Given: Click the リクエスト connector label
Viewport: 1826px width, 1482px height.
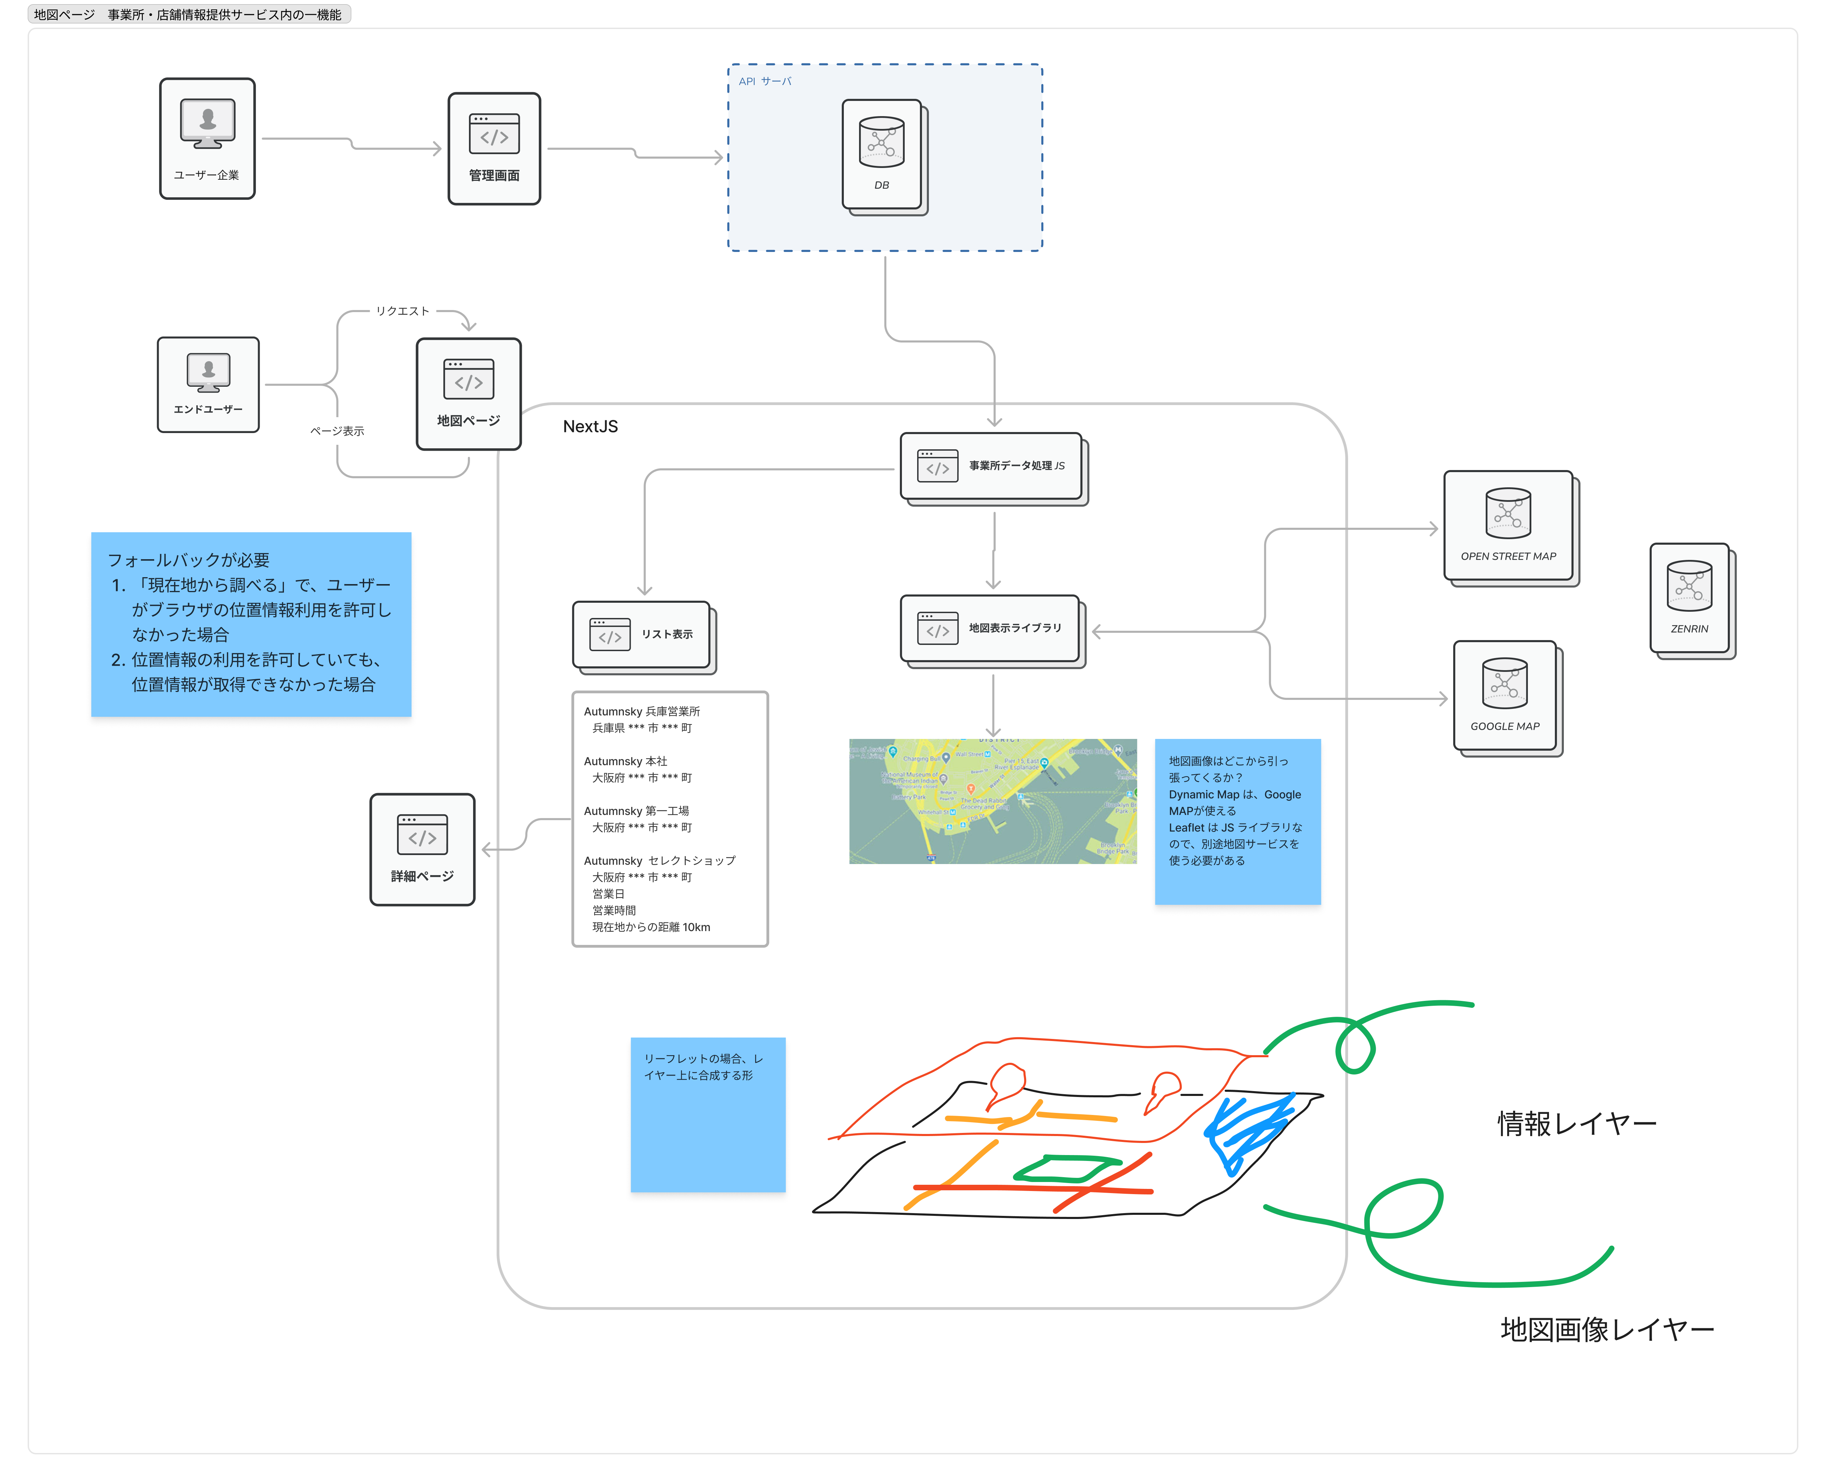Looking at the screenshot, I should point(402,311).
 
